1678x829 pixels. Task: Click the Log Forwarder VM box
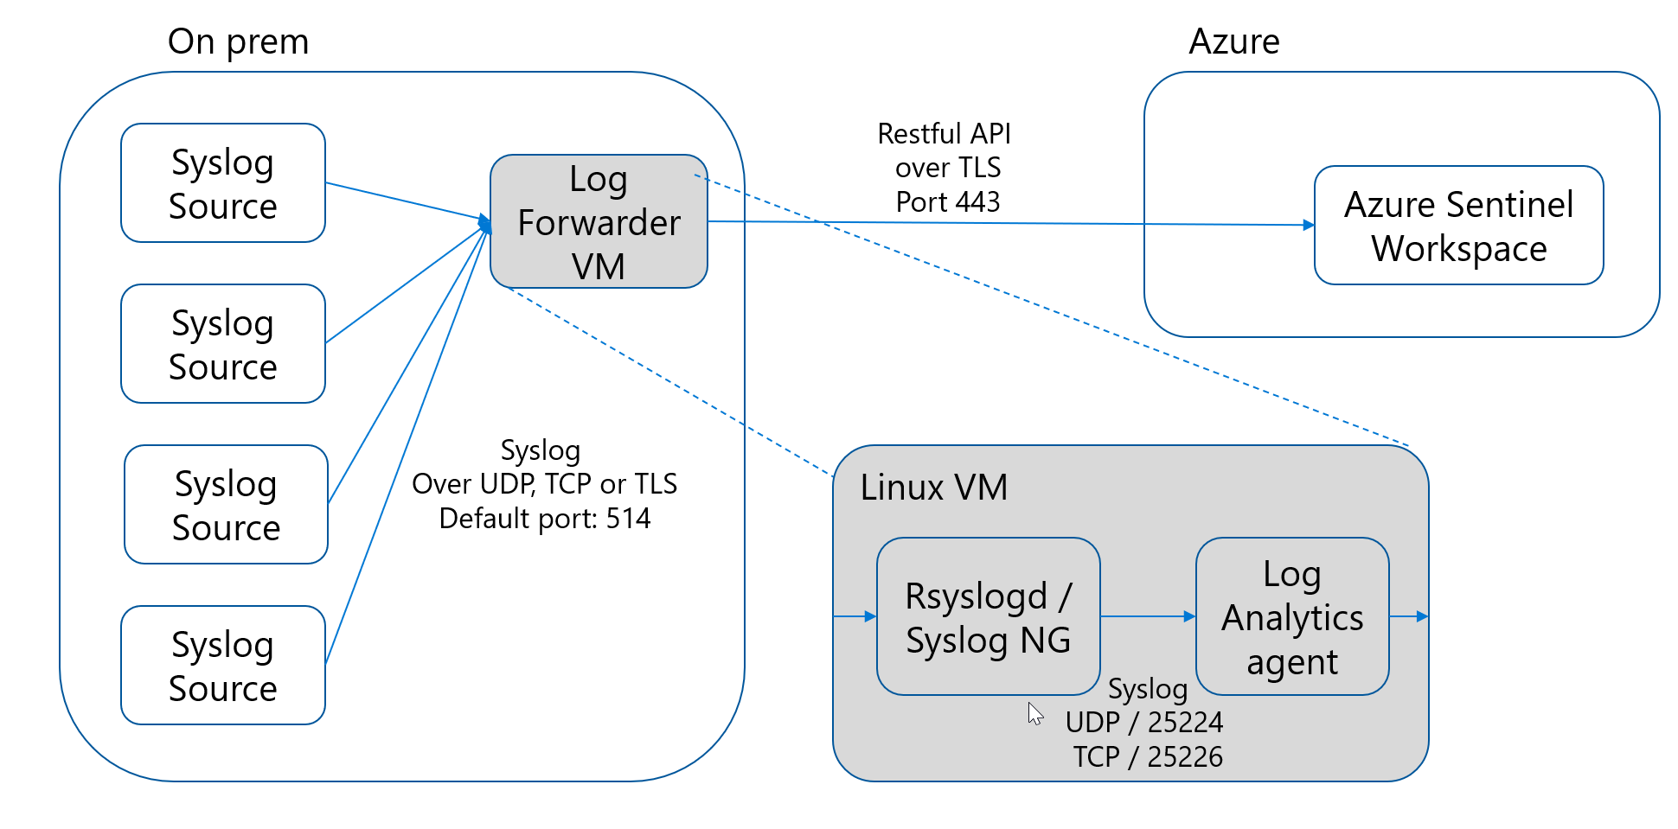(599, 222)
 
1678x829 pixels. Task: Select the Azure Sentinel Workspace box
(1458, 226)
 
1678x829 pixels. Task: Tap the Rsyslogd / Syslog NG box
(988, 617)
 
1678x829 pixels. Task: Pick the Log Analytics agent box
(1292, 617)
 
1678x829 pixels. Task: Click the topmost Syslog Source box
(223, 183)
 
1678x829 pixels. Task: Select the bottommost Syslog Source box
(223, 666)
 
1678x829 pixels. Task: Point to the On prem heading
(238, 41)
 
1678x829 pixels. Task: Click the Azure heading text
(1233, 41)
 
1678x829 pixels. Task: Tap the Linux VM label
(933, 488)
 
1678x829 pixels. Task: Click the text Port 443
(948, 202)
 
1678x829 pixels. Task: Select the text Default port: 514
(544, 519)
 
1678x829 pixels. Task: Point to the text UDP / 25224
(1143, 723)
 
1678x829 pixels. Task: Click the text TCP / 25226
(1148, 757)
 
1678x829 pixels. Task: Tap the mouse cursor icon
(1034, 713)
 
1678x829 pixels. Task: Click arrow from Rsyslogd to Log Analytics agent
(1148, 616)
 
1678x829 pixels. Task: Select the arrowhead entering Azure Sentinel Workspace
(1308, 225)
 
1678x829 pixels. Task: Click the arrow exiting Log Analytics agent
(1410, 616)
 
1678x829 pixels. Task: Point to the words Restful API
(944, 134)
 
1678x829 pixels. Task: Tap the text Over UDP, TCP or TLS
(544, 484)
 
